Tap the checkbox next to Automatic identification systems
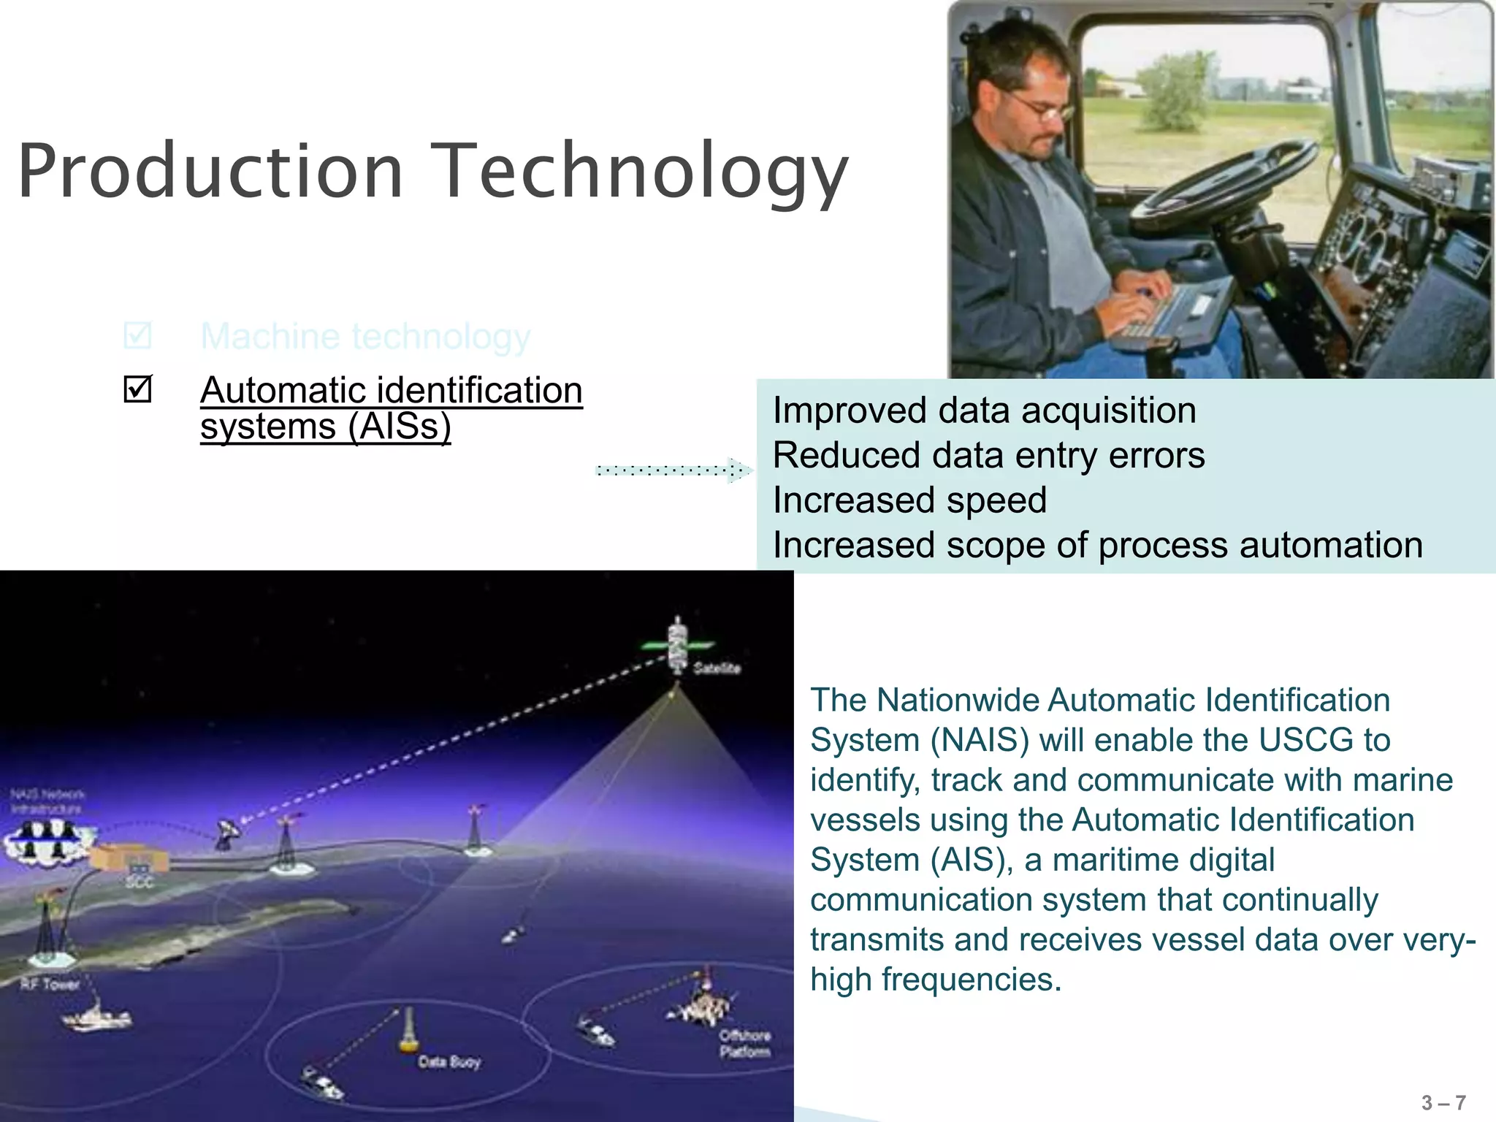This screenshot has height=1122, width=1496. (137, 389)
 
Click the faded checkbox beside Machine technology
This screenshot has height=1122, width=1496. (137, 335)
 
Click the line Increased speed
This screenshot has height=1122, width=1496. (909, 500)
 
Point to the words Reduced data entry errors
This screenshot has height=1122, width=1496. (988, 455)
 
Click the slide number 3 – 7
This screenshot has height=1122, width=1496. (1443, 1102)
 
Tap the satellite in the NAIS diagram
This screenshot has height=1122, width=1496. (678, 644)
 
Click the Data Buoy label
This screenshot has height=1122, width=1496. (449, 1061)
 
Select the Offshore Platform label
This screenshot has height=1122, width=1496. (744, 1043)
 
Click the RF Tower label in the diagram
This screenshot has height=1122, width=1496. (50, 984)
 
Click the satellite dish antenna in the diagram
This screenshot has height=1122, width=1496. (229, 832)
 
